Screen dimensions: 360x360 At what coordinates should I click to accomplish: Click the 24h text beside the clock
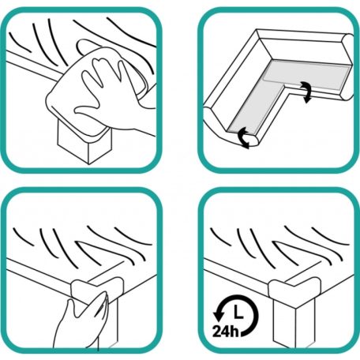(x=226, y=331)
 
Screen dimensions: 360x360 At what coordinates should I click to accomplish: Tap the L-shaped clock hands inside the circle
(x=238, y=312)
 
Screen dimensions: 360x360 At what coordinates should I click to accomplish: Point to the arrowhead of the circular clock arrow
(x=218, y=314)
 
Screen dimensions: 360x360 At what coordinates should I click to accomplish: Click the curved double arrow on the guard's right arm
(x=306, y=92)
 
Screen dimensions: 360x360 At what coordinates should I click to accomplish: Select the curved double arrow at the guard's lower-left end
(x=244, y=137)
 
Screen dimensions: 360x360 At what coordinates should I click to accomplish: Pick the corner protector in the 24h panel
(x=294, y=292)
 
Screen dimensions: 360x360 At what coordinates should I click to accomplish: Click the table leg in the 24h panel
(x=294, y=324)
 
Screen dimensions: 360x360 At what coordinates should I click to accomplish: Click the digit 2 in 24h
(x=216, y=332)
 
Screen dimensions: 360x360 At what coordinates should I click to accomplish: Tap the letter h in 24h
(x=234, y=331)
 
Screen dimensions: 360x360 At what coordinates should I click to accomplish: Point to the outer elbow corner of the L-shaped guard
(x=257, y=30)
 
